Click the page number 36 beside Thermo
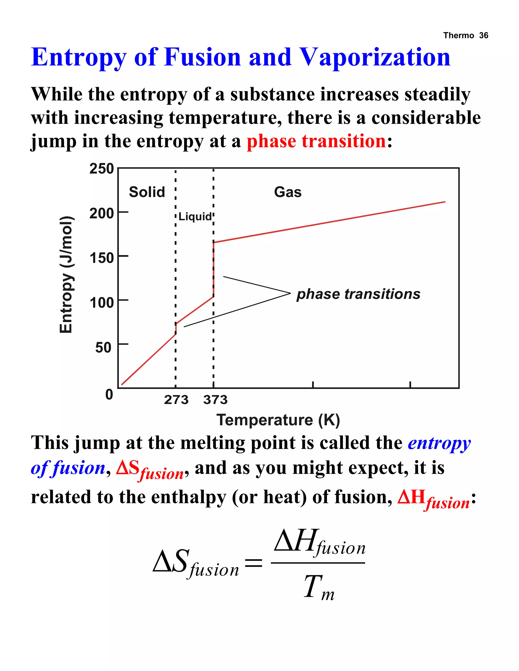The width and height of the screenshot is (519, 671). point(483,35)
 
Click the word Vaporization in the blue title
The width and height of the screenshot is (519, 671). point(375,57)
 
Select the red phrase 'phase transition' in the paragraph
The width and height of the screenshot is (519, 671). point(316,141)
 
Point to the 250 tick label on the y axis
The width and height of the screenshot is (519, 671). point(101,169)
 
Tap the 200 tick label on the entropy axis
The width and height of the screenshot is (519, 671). point(101,213)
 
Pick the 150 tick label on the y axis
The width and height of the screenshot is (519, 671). point(101,258)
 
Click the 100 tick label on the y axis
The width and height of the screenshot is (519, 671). point(101,303)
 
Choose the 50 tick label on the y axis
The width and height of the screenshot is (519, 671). point(103,347)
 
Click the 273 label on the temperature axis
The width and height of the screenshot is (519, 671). point(176,400)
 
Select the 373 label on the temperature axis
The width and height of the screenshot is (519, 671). point(215,400)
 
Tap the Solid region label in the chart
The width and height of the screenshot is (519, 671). point(147,192)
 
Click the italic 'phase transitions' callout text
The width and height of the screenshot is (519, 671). point(358,294)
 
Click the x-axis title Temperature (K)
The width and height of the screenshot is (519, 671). point(278,420)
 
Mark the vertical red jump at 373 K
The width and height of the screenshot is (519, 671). point(213,269)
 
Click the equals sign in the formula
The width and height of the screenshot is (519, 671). point(253,563)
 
